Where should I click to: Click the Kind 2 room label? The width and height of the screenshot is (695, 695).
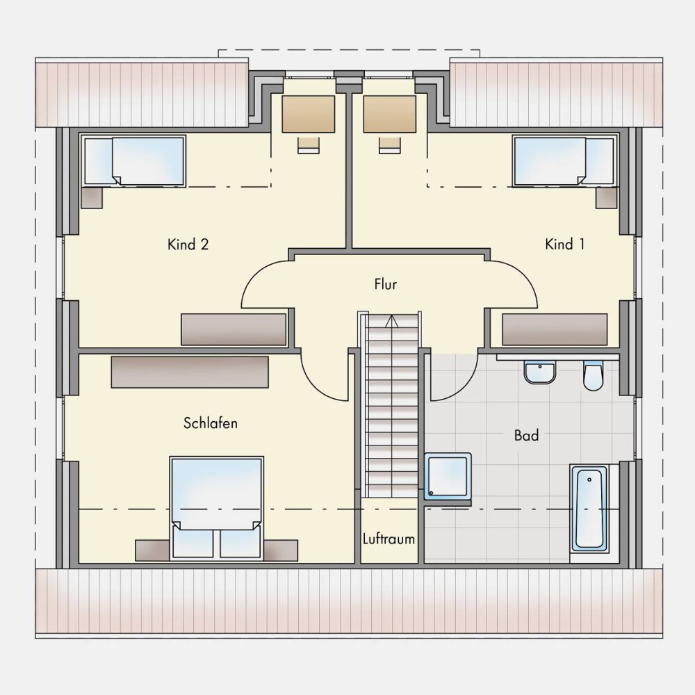click(x=188, y=244)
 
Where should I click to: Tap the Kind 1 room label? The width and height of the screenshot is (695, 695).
click(x=564, y=244)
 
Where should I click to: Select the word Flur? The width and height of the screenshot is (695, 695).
click(x=385, y=284)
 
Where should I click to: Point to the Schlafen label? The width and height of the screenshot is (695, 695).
click(x=211, y=423)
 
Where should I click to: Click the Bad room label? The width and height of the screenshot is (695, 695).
click(x=527, y=435)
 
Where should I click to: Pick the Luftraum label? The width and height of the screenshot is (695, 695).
click(x=389, y=539)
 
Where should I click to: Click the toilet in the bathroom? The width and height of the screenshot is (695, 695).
click(x=593, y=376)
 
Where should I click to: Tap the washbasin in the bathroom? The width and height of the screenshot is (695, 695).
click(x=539, y=372)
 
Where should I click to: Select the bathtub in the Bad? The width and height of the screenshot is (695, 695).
click(x=589, y=508)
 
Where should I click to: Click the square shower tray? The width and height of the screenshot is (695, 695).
click(x=448, y=475)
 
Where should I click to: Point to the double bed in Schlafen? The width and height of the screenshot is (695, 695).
click(x=216, y=507)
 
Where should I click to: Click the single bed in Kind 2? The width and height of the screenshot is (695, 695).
click(x=134, y=161)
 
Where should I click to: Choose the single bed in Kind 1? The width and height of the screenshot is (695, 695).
click(x=564, y=161)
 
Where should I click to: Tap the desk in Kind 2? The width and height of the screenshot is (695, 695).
click(x=308, y=114)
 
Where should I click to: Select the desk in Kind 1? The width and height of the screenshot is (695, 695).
click(x=390, y=114)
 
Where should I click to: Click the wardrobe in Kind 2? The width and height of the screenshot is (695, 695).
click(x=234, y=329)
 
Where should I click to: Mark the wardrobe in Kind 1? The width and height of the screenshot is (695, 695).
click(x=555, y=329)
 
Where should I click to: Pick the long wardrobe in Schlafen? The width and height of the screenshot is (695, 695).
click(x=190, y=372)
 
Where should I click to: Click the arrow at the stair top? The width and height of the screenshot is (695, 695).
click(x=391, y=321)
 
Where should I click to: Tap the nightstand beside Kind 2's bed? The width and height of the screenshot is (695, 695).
click(x=92, y=197)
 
